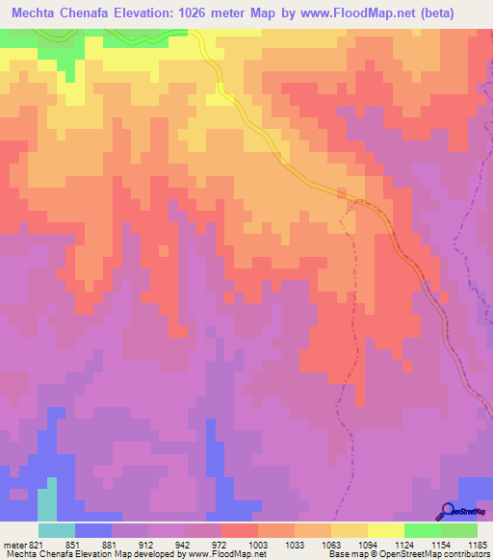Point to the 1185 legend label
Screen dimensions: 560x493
[x=477, y=546]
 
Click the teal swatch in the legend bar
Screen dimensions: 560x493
[x=57, y=530]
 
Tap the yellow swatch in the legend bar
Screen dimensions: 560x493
[x=386, y=530]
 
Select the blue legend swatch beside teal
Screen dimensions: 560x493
[x=93, y=530]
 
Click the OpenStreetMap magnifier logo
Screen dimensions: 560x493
[x=446, y=510]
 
